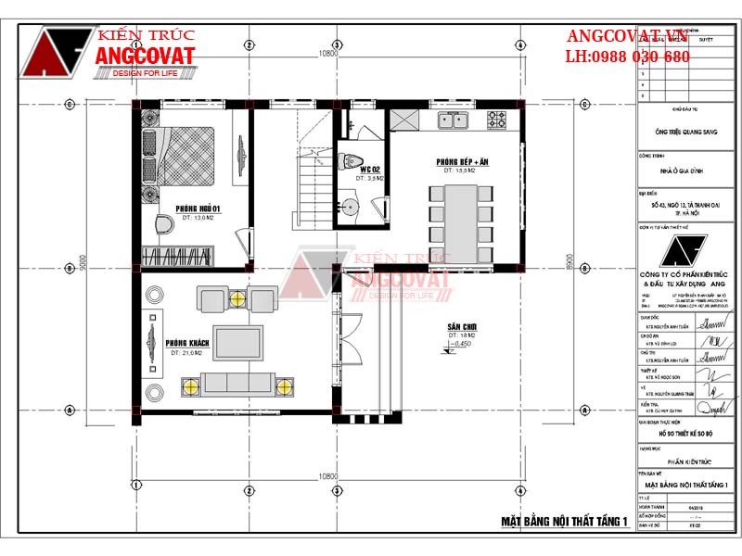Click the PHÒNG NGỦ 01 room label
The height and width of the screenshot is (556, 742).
(197, 208)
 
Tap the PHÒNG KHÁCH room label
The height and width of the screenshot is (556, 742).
(186, 344)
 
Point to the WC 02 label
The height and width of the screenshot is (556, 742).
(370, 170)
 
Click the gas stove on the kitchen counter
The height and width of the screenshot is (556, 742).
(497, 119)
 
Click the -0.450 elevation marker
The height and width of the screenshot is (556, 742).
(461, 345)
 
